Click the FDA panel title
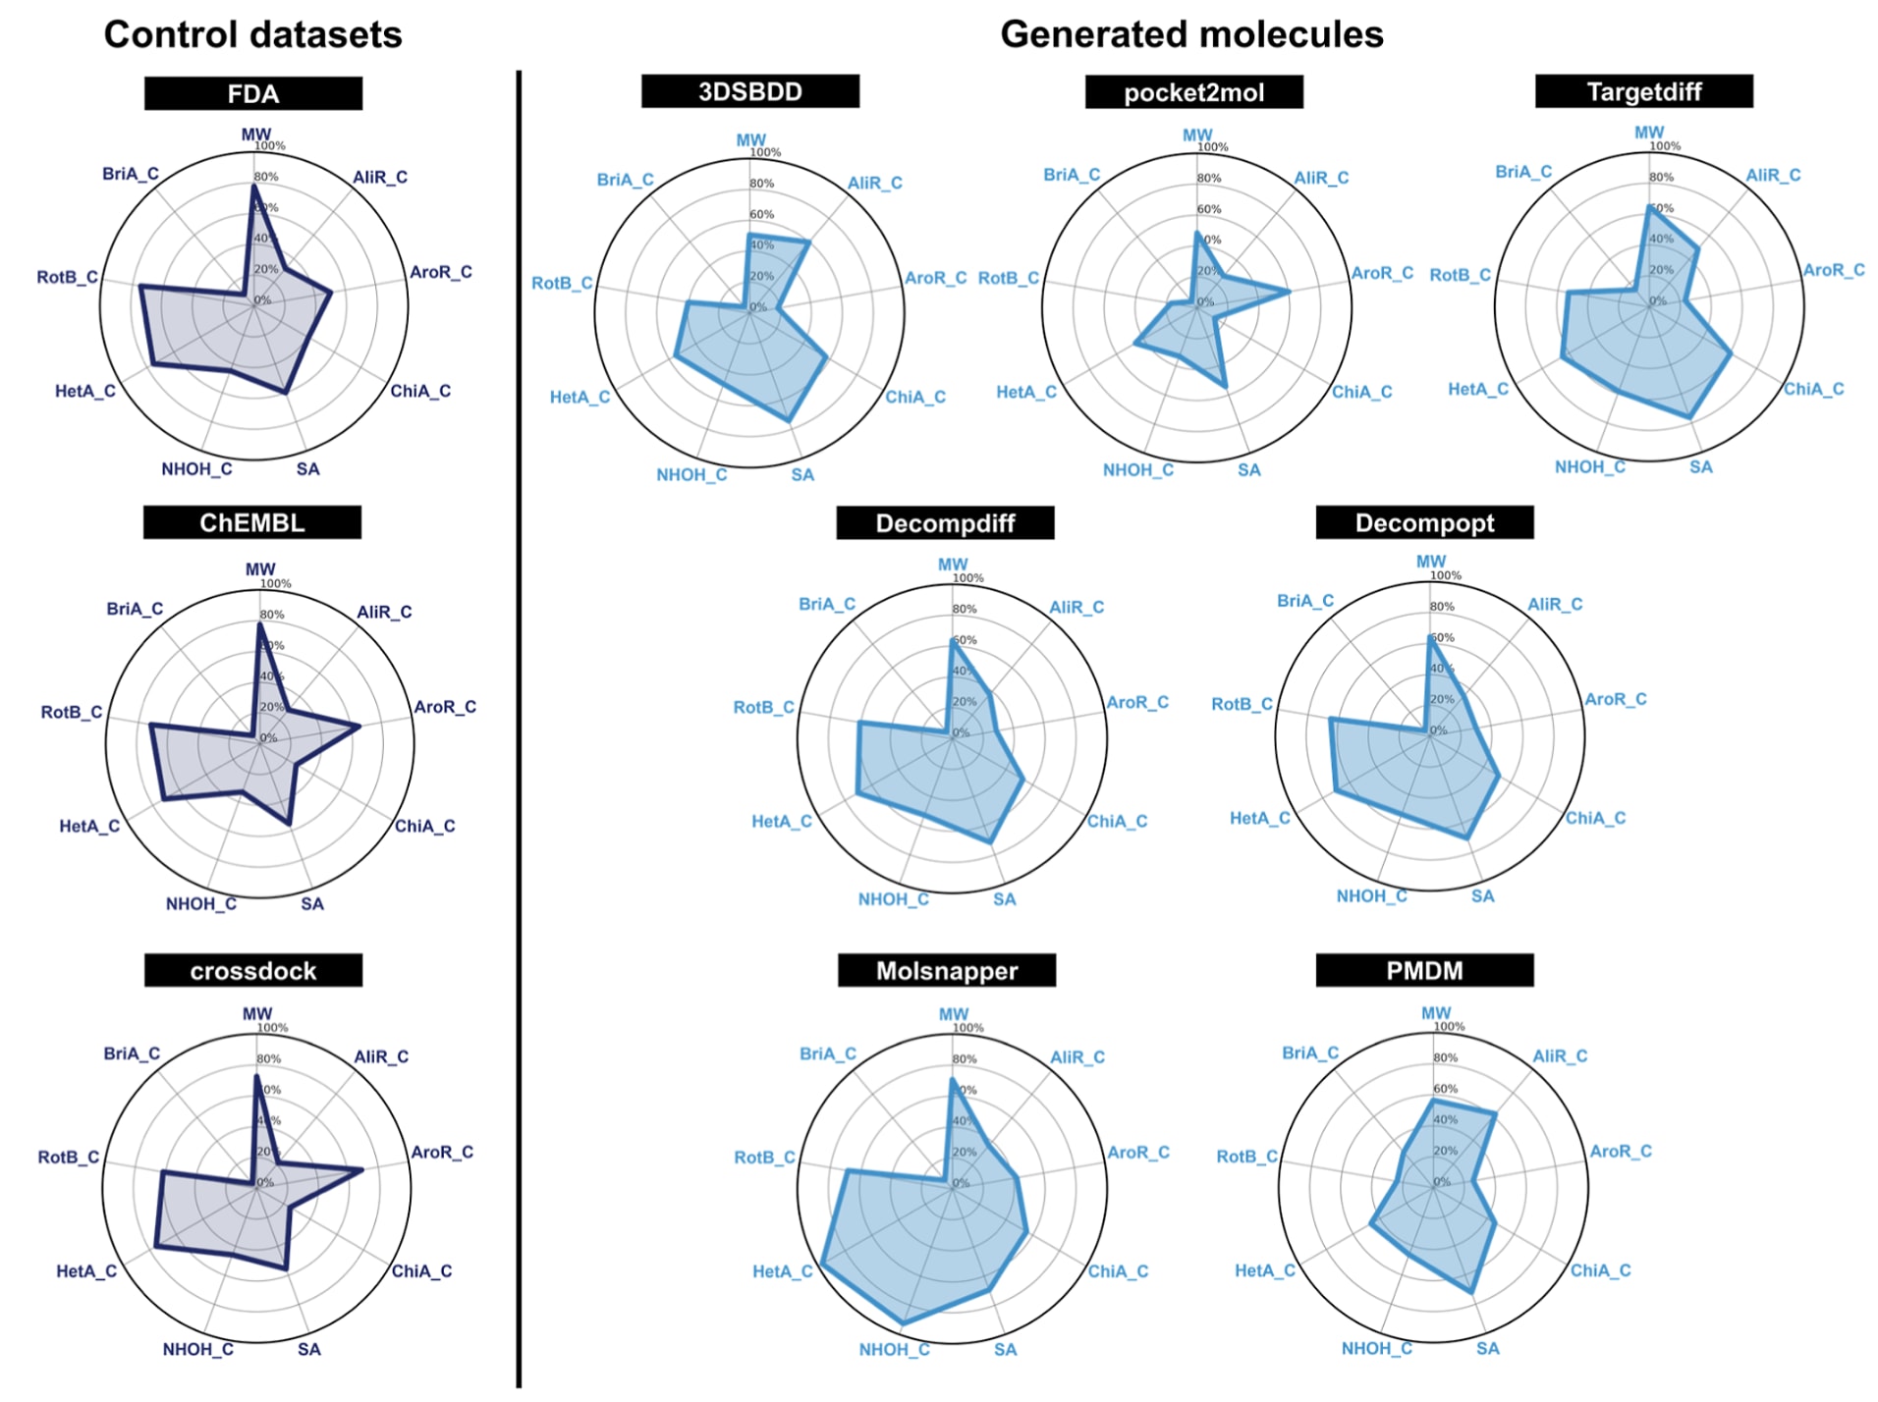pos(252,94)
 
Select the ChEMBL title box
pos(251,522)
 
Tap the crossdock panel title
pos(252,970)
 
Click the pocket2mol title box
pos(1193,92)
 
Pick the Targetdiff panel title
pos(1643,91)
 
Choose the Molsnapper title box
pos(946,970)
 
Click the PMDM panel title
pos(1423,970)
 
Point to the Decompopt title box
pos(1423,522)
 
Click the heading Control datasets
pos(252,34)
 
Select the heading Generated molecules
pos(1190,34)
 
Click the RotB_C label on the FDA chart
pos(67,277)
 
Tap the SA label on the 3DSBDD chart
pos(802,475)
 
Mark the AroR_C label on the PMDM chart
pos(1620,1151)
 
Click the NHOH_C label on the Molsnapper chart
pos(894,1349)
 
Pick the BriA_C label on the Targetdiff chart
pos(1523,172)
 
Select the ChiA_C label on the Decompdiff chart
pos(1117,821)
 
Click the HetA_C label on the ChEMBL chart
pos(89,826)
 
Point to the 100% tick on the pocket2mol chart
pos(1213,147)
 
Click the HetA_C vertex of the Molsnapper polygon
pos(821,1265)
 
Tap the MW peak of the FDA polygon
pos(254,187)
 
